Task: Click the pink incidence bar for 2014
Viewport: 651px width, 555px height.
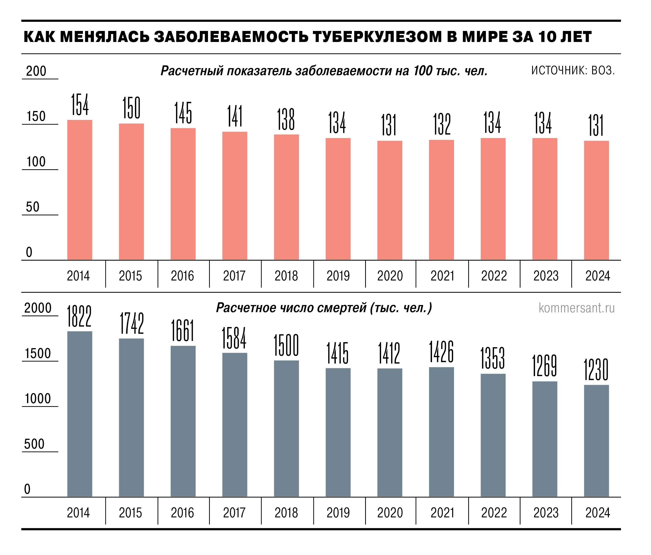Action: point(80,190)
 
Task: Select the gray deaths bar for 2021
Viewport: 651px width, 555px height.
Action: point(441,432)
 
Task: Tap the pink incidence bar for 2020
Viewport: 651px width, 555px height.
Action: point(390,200)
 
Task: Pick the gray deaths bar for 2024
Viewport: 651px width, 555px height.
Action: point(596,441)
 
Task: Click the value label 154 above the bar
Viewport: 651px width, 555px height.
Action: point(80,105)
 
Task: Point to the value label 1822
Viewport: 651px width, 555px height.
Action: point(79,316)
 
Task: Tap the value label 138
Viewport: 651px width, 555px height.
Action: point(286,119)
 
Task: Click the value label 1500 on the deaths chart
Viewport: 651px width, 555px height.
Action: point(286,345)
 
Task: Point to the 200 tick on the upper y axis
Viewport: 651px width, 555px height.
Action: point(36,71)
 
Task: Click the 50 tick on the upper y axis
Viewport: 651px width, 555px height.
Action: point(33,207)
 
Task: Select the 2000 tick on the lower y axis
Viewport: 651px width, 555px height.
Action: point(38,308)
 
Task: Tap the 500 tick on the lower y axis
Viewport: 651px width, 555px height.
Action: point(34,444)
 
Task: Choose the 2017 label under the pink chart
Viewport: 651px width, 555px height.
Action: point(234,276)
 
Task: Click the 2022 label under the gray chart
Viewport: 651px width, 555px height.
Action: point(494,513)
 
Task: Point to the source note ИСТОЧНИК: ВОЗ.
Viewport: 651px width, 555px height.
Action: point(573,71)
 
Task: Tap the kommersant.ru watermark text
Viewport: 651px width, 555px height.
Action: point(577,308)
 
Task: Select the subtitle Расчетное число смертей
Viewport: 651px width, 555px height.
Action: point(292,308)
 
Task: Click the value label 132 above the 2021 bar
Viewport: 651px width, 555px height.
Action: point(442,125)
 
